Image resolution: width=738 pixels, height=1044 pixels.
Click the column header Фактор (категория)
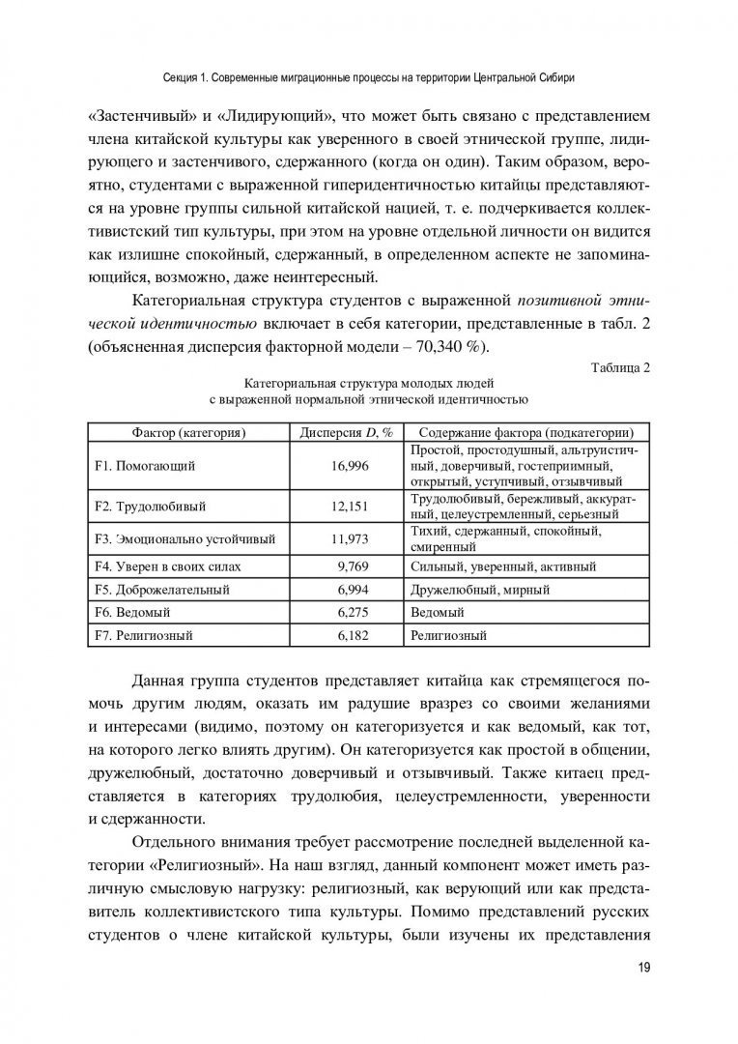point(189,432)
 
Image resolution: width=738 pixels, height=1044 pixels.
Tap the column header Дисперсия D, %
point(348,432)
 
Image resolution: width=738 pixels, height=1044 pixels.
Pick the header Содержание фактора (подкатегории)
point(526,432)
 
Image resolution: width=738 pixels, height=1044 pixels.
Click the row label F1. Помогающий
point(146,466)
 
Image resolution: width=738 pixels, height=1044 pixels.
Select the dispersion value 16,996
point(348,466)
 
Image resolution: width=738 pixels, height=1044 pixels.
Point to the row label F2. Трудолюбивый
point(151,506)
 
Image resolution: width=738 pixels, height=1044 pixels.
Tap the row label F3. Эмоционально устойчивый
point(185,538)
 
